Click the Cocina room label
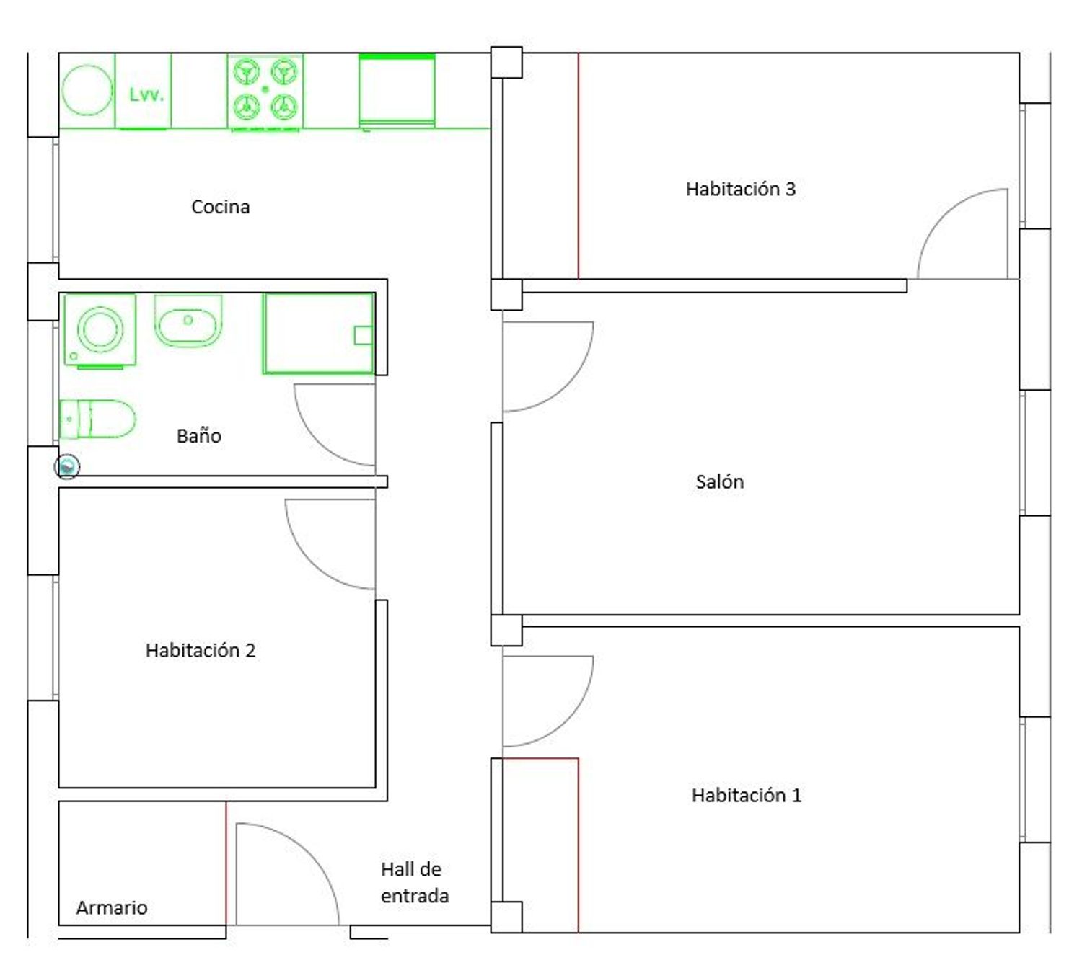pyautogui.click(x=220, y=207)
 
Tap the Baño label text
pyautogui.click(x=198, y=435)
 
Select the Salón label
pyautogui.click(x=719, y=481)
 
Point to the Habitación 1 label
pyautogui.click(x=746, y=795)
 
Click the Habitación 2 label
pyautogui.click(x=201, y=650)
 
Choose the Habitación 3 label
pyautogui.click(x=740, y=188)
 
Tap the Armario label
pyautogui.click(x=112, y=907)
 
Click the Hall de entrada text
pyautogui.click(x=415, y=882)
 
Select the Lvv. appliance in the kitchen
pyautogui.click(x=143, y=92)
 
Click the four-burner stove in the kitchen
pyautogui.click(x=265, y=92)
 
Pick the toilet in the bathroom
pyautogui.click(x=97, y=419)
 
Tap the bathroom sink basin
pyautogui.click(x=188, y=321)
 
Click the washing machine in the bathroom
pyautogui.click(x=100, y=331)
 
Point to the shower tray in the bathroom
pyautogui.click(x=318, y=333)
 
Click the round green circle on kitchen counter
pyautogui.click(x=87, y=90)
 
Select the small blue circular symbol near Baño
pyautogui.click(x=67, y=467)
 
